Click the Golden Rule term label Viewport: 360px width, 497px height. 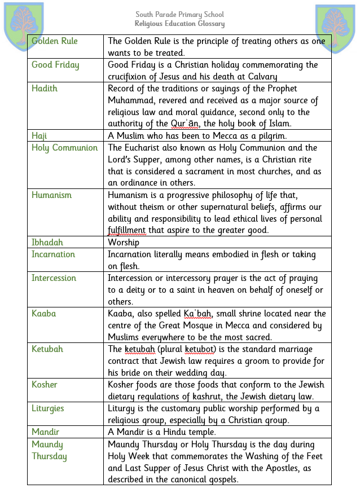click(55, 41)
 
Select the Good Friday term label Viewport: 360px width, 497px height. click(55, 65)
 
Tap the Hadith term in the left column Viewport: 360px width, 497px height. click(45, 89)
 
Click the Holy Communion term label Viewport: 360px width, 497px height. click(64, 148)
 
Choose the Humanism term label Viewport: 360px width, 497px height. click(52, 195)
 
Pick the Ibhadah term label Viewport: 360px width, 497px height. click(47, 243)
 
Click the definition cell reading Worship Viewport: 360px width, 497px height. click(124, 243)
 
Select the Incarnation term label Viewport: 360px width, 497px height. click(53, 254)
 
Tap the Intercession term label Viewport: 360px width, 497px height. click(54, 278)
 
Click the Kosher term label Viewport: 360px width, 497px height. click(45, 385)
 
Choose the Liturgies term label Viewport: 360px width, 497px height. click(47, 408)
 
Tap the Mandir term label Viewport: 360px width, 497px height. click(45, 432)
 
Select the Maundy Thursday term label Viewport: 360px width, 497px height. click(49, 450)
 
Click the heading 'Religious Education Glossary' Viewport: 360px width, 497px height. click(179, 24)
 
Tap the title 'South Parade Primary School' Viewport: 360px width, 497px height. click(179, 14)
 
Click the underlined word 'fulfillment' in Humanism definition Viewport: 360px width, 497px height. click(127, 231)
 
